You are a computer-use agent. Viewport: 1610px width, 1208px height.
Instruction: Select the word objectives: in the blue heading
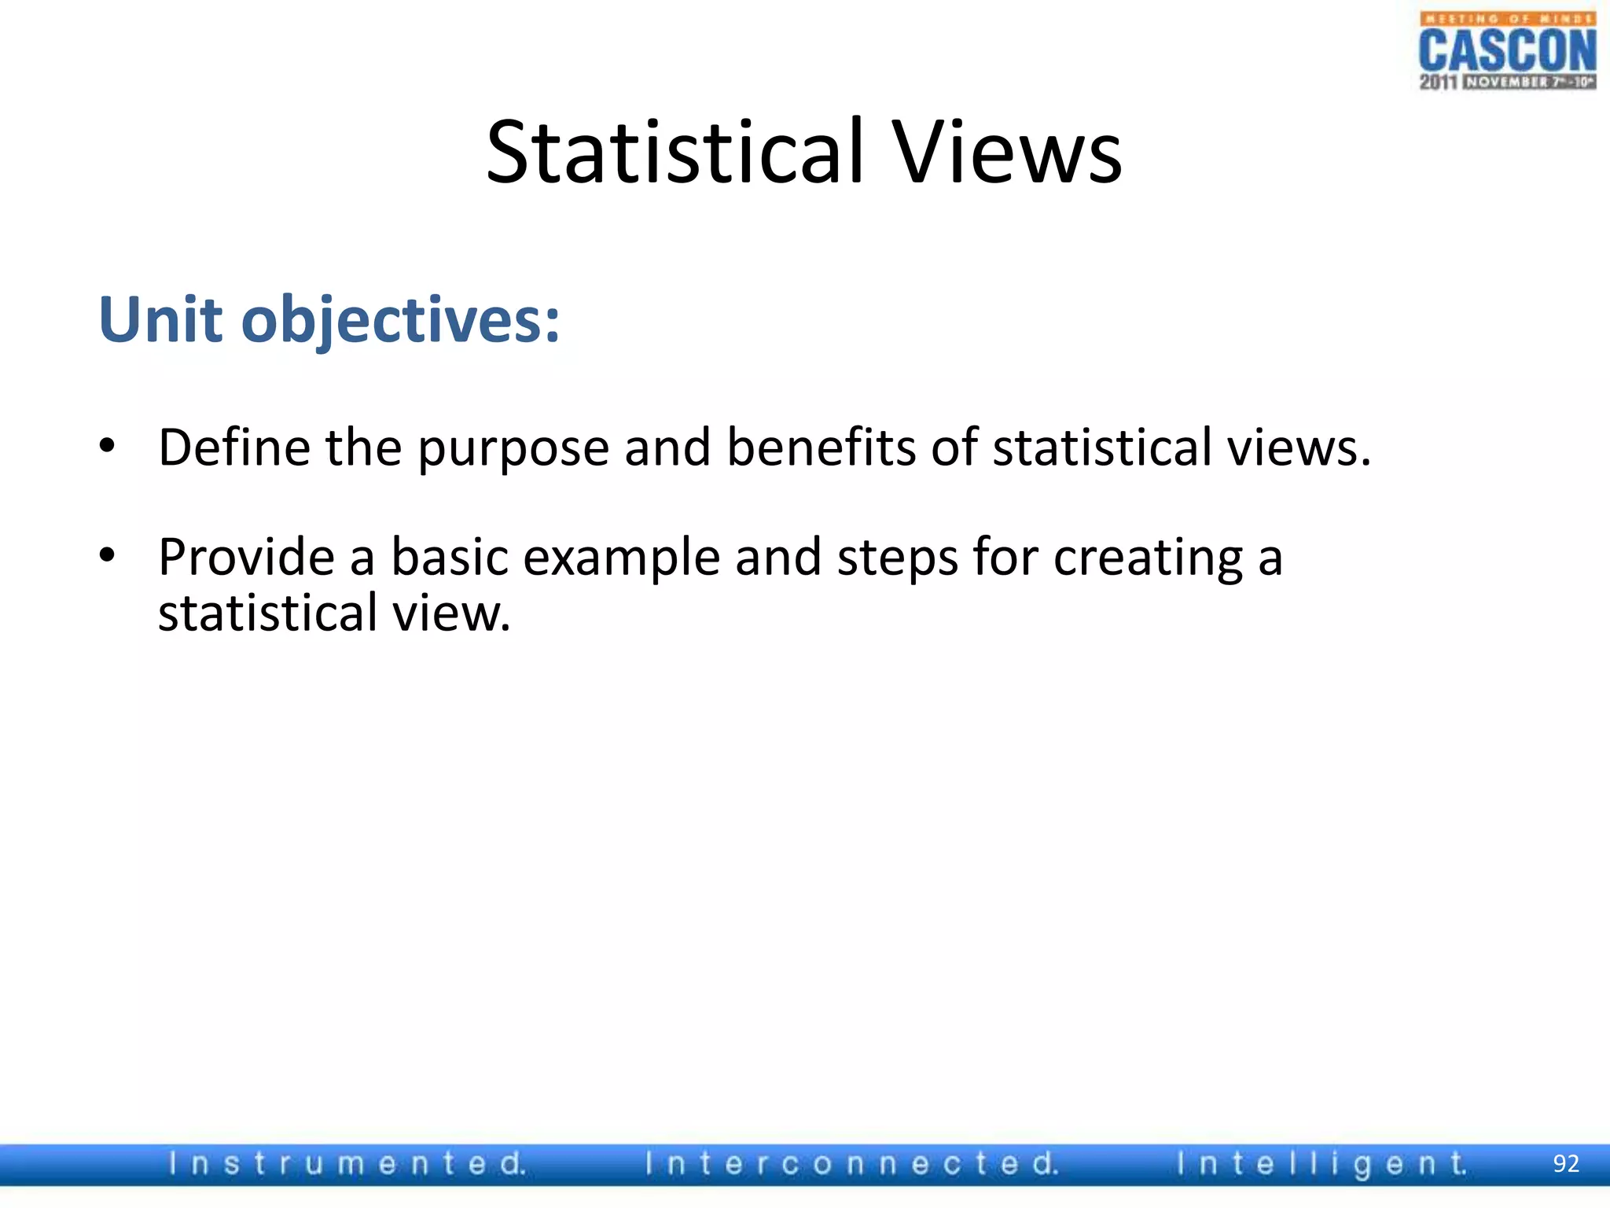pos(401,321)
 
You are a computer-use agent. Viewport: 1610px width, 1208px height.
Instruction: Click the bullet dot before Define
pos(108,446)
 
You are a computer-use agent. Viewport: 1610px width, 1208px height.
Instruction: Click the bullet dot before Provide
pos(108,555)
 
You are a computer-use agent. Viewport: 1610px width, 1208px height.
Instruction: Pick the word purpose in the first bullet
pos(513,448)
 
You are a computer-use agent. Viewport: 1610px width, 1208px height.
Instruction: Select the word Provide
pos(247,557)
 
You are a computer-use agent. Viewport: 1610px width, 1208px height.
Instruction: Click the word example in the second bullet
pos(621,558)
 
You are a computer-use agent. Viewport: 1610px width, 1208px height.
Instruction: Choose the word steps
pos(897,558)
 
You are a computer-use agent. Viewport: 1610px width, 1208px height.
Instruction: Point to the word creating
pos(1148,558)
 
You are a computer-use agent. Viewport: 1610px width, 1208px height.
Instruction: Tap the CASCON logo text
pos(1507,51)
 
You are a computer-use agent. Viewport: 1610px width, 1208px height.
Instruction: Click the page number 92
pos(1566,1164)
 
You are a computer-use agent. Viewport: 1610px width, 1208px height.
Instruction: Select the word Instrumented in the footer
pos(347,1164)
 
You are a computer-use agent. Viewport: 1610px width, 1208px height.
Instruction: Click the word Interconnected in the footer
pos(851,1164)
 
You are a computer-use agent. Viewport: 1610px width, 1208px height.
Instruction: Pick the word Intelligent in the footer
pos(1321,1164)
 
